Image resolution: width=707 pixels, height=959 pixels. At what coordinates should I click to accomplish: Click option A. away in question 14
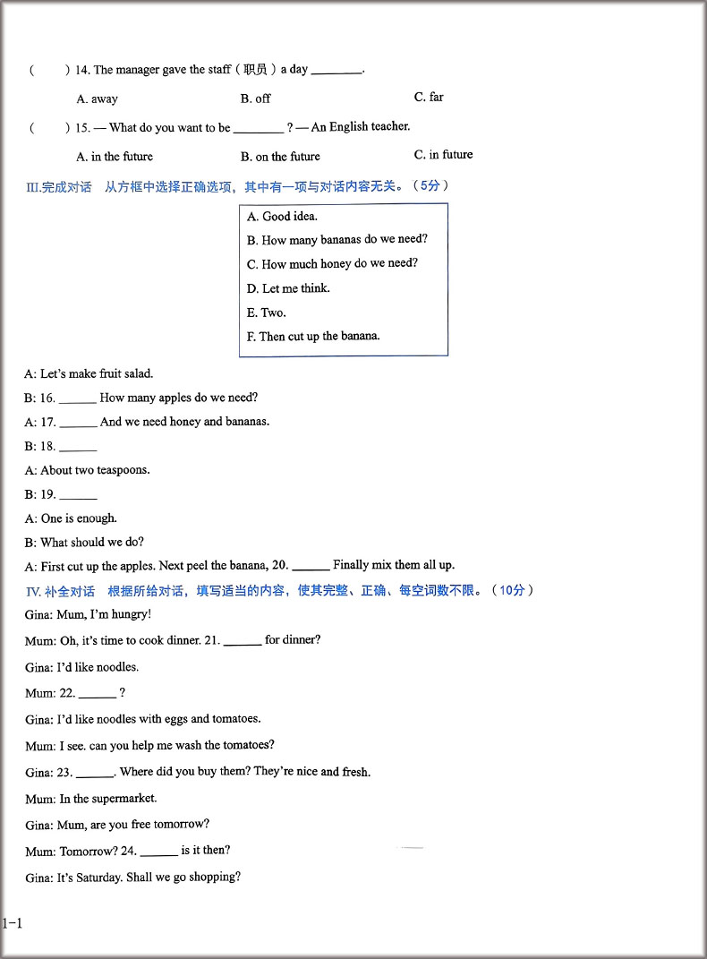97,99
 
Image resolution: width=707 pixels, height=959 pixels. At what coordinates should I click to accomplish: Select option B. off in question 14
255,98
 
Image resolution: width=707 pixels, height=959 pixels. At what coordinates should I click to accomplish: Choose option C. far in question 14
429,97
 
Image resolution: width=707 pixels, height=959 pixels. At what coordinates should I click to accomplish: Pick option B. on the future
279,157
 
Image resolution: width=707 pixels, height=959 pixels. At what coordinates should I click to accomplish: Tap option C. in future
443,155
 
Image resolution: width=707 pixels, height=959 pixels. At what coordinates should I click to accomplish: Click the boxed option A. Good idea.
282,217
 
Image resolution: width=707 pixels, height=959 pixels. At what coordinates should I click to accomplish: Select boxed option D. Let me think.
288,288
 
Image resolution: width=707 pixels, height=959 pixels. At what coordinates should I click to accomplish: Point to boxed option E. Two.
267,313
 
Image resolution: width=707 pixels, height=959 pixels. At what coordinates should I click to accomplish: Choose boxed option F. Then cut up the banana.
313,337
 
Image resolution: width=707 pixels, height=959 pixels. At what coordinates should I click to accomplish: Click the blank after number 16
78,399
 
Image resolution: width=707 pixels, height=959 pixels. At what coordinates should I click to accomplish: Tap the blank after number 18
78,448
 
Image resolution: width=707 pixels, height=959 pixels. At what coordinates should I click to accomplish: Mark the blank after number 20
311,567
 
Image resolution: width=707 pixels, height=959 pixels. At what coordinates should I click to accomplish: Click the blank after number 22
98,695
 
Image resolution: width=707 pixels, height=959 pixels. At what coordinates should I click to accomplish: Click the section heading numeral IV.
35,591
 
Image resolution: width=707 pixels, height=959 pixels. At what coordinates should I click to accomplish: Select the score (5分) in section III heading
430,186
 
